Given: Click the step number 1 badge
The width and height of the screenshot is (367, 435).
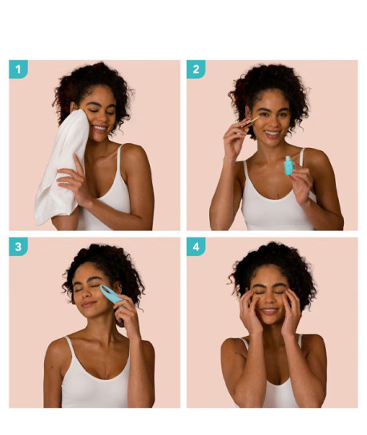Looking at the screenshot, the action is coord(18,69).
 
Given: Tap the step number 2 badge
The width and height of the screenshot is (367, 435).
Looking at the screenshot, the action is coord(196,69).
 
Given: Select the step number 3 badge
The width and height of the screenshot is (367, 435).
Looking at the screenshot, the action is coord(18,246).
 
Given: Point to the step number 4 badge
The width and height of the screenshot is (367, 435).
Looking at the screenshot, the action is coord(196,246).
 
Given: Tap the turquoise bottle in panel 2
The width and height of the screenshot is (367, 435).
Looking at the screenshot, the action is coord(288,166).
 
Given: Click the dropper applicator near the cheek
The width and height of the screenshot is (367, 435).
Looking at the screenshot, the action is coord(250,122).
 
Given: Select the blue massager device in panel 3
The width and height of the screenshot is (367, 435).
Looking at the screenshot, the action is coord(111,294).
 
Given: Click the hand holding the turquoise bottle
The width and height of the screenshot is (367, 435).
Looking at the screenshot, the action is coord(300,182).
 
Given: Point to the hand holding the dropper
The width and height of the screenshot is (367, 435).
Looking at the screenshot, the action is coord(235,140).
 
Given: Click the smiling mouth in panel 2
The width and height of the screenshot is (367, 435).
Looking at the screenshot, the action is coord(272,133).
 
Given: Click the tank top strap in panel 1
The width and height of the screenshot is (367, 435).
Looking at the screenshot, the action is coord(119,161).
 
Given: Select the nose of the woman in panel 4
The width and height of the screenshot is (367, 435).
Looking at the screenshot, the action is coord(270,299).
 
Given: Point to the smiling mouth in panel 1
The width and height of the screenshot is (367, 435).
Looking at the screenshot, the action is coord(99,128).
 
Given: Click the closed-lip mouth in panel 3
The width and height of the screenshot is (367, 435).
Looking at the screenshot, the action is coord(89,304).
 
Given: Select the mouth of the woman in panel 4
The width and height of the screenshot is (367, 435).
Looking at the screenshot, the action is coord(269,311).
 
